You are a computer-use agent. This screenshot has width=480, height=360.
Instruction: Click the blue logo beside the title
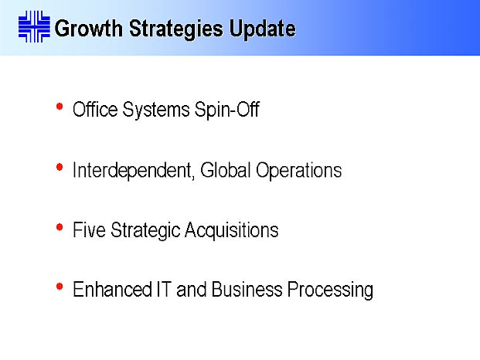point(34,26)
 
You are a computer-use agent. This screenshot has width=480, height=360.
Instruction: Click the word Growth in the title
point(88,29)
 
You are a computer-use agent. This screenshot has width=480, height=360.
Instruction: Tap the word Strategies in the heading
point(176,29)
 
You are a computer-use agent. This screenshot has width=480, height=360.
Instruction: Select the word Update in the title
point(263,29)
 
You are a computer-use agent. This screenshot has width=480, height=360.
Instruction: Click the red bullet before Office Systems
point(60,107)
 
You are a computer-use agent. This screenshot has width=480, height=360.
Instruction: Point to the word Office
point(95,109)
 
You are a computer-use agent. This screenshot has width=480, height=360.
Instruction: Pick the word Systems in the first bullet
point(156,110)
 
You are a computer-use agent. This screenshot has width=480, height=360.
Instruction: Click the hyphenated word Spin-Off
point(227,109)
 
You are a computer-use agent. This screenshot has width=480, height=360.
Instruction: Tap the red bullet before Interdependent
point(60,167)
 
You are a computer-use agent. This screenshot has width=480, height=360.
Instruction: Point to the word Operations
point(299,171)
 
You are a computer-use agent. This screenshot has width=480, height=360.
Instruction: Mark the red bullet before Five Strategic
point(60,227)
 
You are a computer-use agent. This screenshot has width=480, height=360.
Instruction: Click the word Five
point(89,229)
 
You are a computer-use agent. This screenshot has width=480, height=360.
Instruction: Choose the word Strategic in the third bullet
point(145,231)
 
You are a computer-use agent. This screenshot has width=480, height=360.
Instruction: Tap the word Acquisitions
point(232,231)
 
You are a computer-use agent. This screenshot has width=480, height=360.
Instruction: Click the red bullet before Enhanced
point(60,287)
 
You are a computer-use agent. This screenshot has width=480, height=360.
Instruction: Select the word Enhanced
point(112,289)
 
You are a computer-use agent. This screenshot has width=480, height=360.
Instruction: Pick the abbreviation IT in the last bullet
point(164,289)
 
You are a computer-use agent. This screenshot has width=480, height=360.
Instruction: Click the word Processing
point(330,290)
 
